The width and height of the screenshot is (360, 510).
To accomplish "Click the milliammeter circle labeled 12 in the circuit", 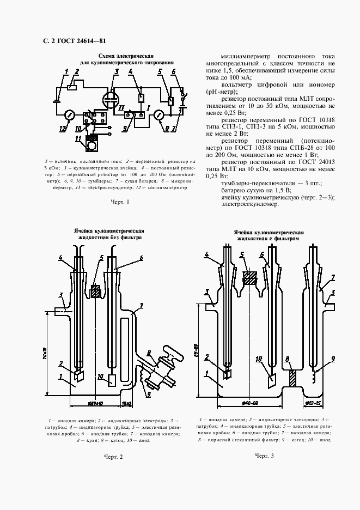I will click(x=69, y=116).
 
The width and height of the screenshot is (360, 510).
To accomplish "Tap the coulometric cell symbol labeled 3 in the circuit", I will click(x=112, y=100).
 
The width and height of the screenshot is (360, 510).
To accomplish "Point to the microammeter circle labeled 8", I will click(x=159, y=116).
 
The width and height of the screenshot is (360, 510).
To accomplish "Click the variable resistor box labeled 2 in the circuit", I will click(x=72, y=87).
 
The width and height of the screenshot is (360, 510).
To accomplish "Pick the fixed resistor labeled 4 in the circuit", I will click(x=141, y=98).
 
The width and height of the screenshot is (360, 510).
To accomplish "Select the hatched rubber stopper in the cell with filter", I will click(x=250, y=277).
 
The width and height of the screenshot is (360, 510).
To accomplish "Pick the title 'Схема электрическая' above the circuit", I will click(x=126, y=56).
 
